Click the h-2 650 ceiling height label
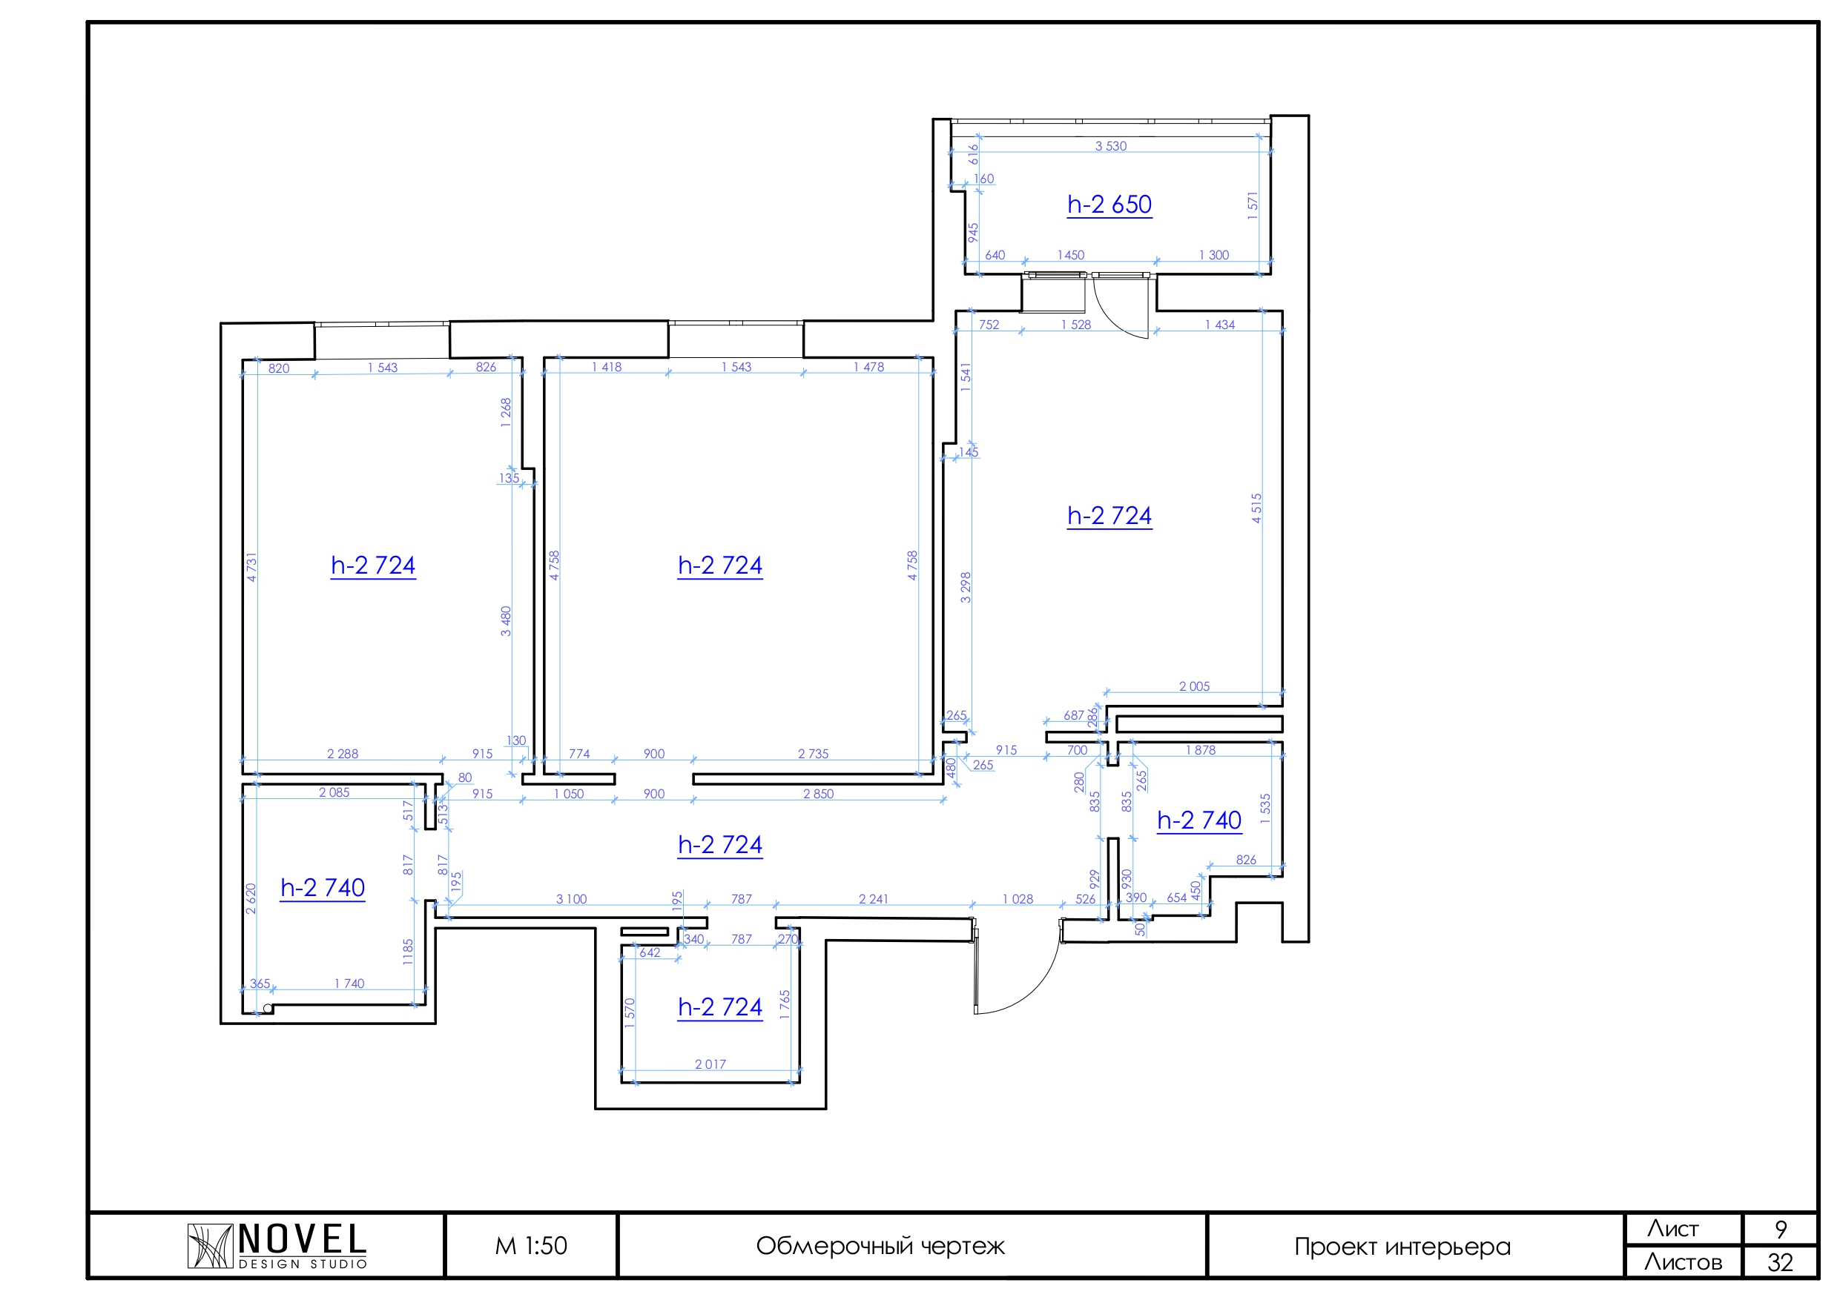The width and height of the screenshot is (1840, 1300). tap(1109, 205)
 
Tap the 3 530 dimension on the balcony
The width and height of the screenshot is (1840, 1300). tap(1111, 146)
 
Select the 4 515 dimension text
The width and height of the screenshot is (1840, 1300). tap(1256, 508)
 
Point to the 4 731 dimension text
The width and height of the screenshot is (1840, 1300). tap(251, 567)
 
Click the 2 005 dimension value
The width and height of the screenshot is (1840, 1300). tap(1194, 686)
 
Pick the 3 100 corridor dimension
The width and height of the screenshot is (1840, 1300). tap(571, 900)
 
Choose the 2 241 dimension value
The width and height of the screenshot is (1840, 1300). tap(874, 900)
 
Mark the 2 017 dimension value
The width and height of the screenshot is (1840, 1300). tap(710, 1064)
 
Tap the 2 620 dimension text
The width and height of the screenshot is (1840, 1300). tap(251, 899)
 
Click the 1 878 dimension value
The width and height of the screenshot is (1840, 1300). tap(1201, 751)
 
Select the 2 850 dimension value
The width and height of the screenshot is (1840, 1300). tap(818, 794)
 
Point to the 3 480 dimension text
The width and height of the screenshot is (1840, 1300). tap(506, 622)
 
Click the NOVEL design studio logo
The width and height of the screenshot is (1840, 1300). tap(277, 1246)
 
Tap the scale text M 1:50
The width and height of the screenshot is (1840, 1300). tap(530, 1247)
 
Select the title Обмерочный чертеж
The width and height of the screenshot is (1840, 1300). tap(880, 1247)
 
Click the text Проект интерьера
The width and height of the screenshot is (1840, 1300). tap(1402, 1247)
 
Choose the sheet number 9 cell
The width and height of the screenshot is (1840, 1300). tap(1781, 1229)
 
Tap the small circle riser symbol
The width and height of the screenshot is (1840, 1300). tap(268, 1009)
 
